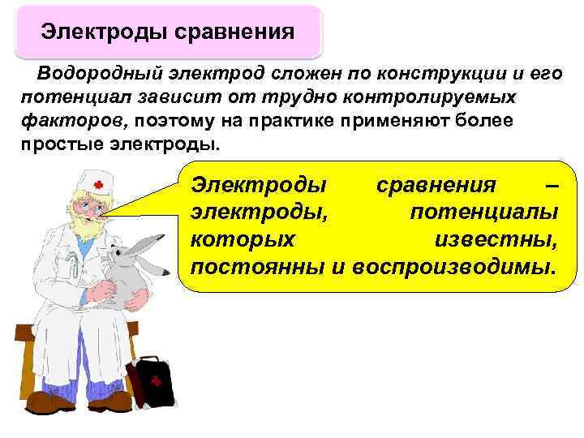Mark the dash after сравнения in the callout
(552, 185)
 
